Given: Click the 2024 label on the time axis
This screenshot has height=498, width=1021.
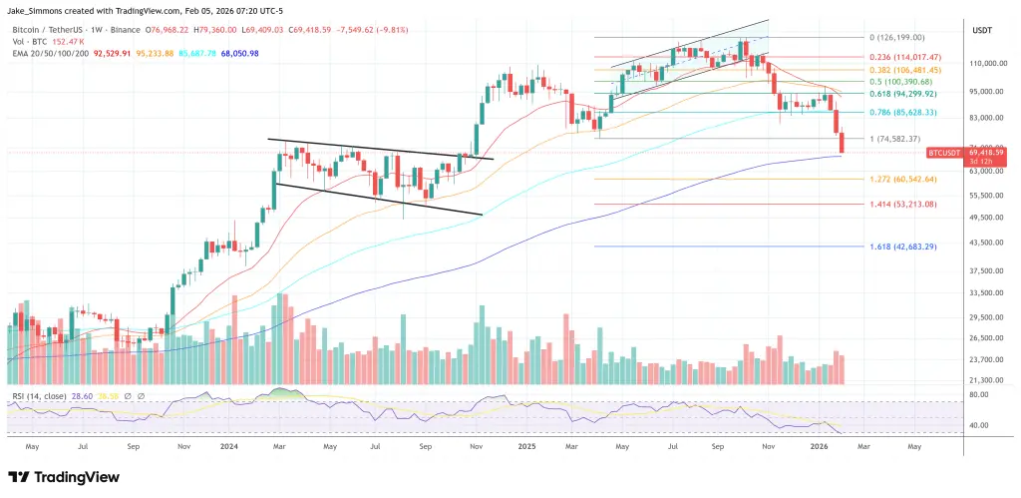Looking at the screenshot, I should coord(228,448).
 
